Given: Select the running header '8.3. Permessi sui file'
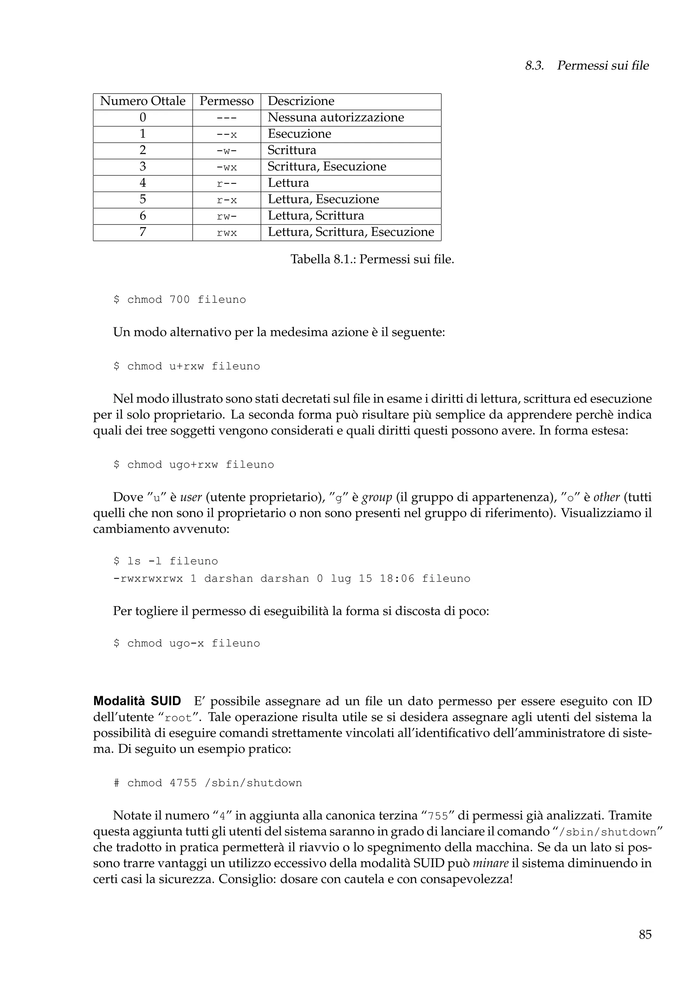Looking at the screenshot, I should point(587,66).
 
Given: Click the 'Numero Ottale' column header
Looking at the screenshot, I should point(143,101).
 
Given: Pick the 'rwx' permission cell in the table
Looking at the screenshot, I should point(227,233).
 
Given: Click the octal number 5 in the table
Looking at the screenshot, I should point(143,199).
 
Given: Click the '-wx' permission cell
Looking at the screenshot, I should point(227,167).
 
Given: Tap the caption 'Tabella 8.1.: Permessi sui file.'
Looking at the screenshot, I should point(372,259).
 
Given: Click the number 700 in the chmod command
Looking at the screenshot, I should point(180,299).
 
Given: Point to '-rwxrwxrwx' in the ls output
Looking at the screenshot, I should point(148,579).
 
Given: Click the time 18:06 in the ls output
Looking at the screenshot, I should point(397,579).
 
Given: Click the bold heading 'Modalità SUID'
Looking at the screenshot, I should point(137,701).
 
